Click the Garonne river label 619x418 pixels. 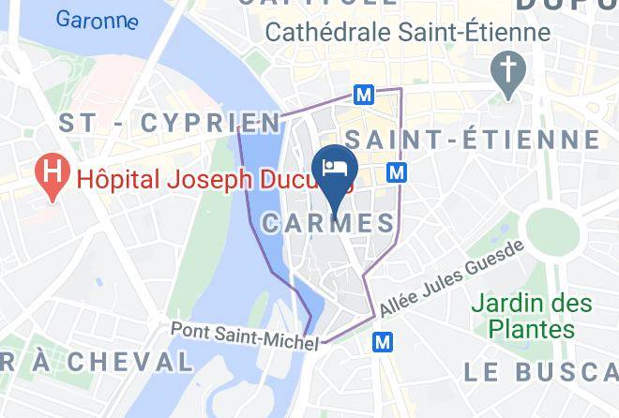point(97,19)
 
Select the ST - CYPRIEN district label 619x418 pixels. point(169,123)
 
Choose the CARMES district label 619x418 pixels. point(328,223)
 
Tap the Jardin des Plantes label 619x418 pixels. point(532,317)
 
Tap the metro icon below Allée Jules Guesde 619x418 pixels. point(382,343)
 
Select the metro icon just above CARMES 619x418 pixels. point(398,173)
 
